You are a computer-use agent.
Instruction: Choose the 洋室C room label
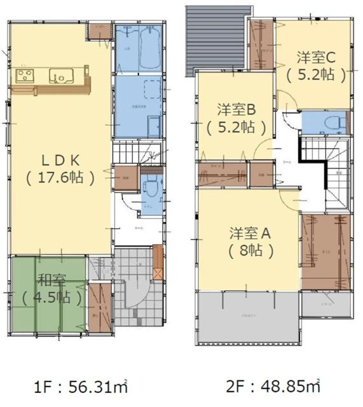click(x=316, y=57)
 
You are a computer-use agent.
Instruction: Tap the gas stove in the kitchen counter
click(x=25, y=76)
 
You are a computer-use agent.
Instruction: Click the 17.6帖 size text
click(x=61, y=177)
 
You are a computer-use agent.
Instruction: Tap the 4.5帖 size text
click(x=51, y=296)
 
